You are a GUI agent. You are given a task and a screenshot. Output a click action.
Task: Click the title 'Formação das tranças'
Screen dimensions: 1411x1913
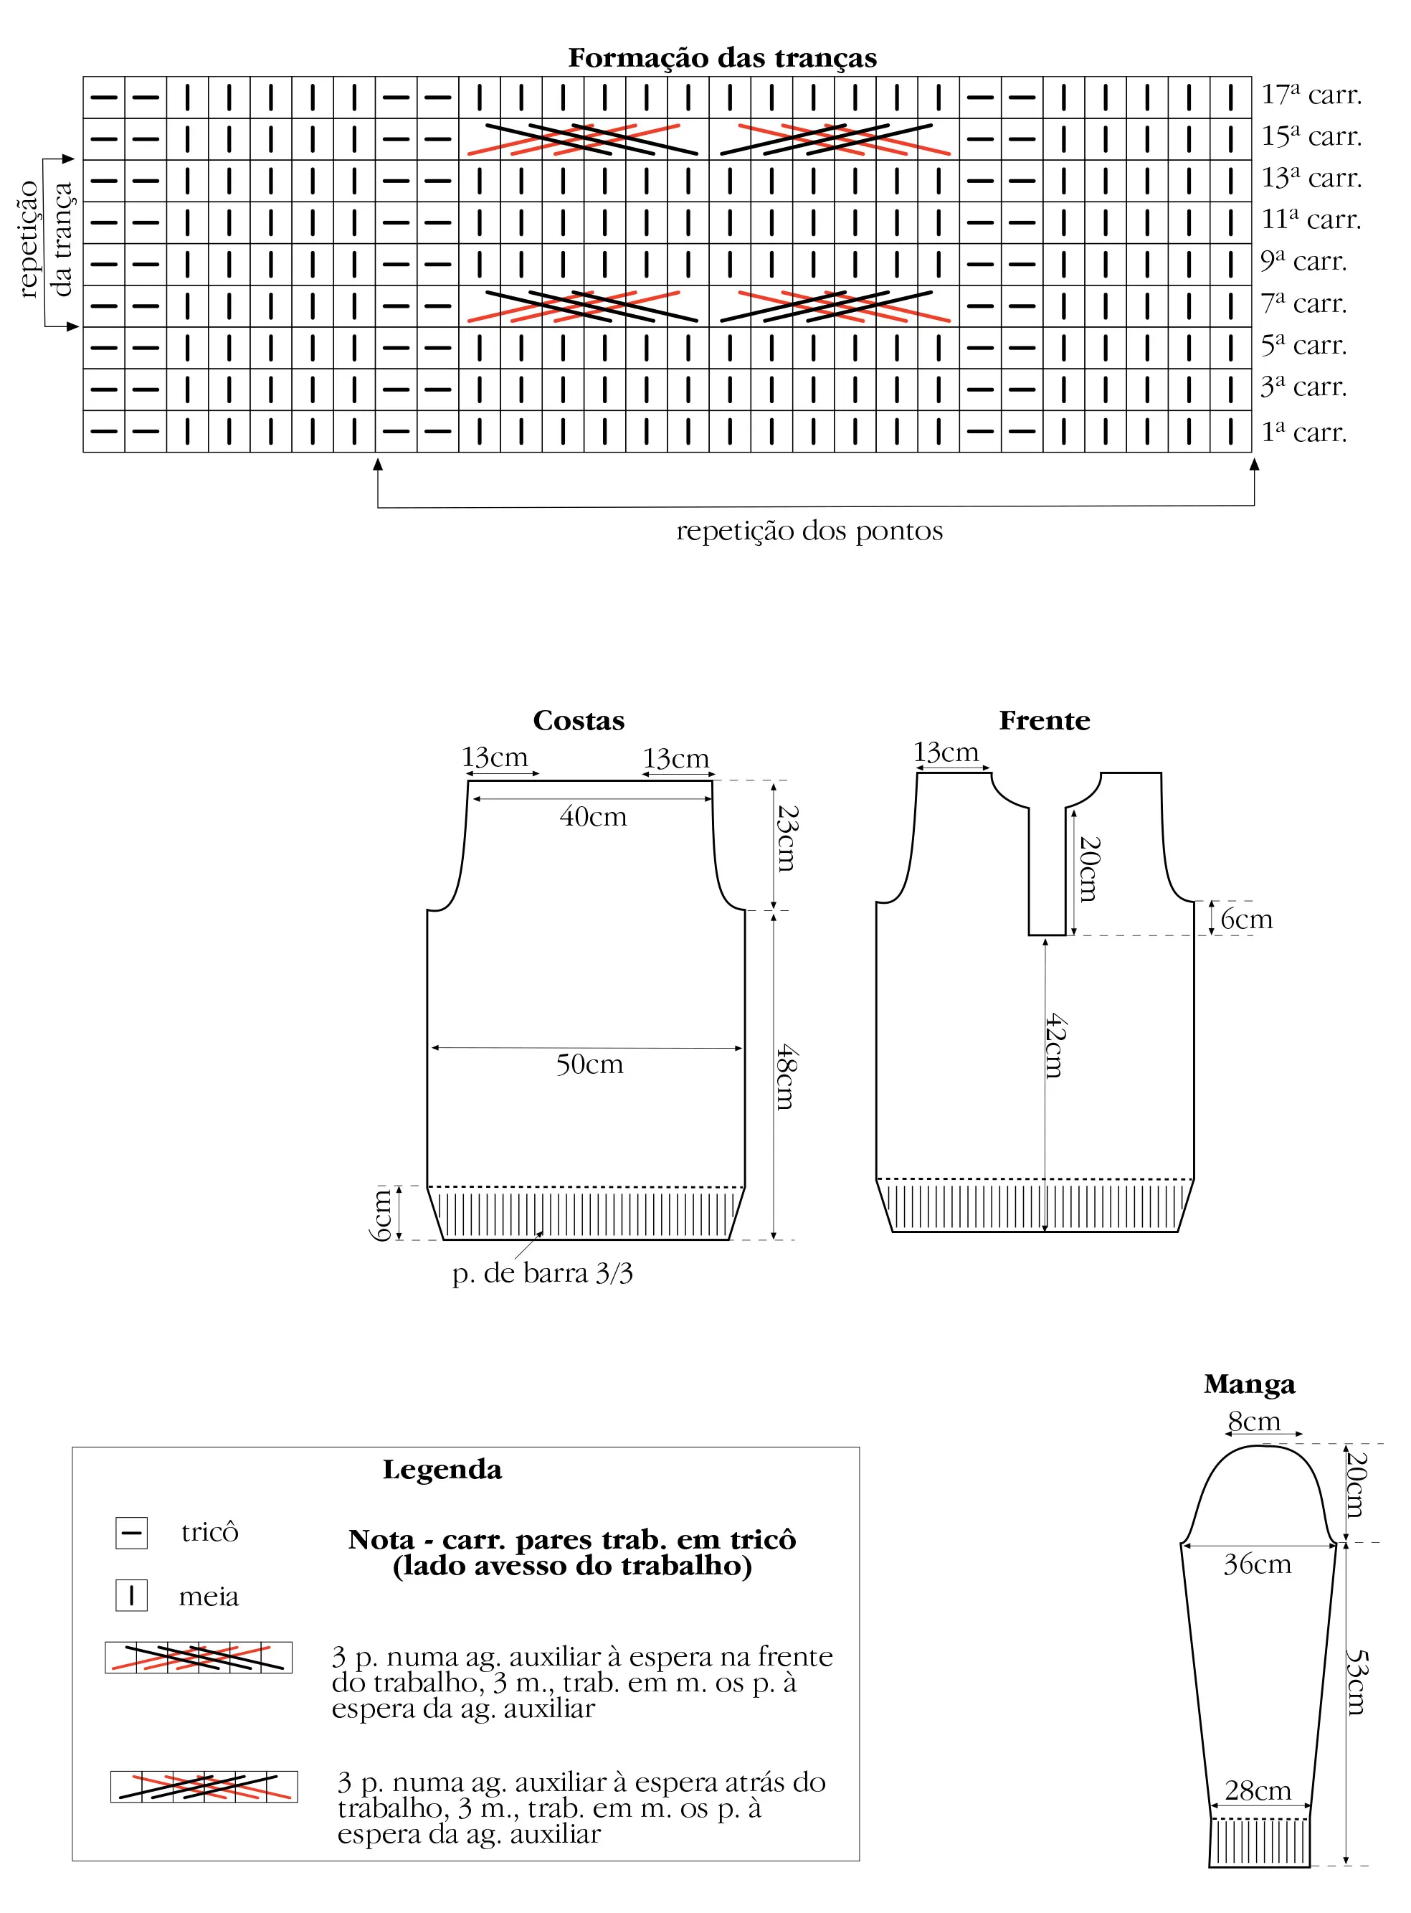point(723,58)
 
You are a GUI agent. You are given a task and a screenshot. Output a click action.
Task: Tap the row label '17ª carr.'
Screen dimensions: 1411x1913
point(1311,94)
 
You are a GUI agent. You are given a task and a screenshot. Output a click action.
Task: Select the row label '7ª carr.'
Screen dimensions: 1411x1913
point(1303,303)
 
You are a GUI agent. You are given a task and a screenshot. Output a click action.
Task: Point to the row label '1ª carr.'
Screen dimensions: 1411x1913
point(1303,433)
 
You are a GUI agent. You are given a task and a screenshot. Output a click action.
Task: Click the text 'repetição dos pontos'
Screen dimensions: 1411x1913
point(809,532)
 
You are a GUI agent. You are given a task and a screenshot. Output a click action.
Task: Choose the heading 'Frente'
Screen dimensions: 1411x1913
point(1045,720)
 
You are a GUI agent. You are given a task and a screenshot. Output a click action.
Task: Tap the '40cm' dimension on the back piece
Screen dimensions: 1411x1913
point(593,817)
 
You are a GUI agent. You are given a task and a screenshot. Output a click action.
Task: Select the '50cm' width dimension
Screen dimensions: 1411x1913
point(589,1064)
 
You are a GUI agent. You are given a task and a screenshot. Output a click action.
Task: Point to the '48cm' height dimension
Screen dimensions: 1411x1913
point(786,1077)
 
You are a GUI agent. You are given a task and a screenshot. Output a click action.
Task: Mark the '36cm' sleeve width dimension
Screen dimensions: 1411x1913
point(1258,1564)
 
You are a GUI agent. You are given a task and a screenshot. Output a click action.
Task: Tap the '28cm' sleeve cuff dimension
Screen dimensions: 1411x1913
point(1258,1790)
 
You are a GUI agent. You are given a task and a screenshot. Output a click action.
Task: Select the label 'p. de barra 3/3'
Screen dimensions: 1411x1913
point(542,1274)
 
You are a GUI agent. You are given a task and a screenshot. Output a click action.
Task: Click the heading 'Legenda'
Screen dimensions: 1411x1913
point(442,1470)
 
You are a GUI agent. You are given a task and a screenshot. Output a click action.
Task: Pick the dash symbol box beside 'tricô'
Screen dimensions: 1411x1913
point(131,1533)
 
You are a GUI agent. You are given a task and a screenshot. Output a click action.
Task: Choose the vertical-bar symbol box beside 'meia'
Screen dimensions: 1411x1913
point(131,1595)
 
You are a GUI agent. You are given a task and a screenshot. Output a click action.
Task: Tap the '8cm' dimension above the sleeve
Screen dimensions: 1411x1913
point(1254,1422)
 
